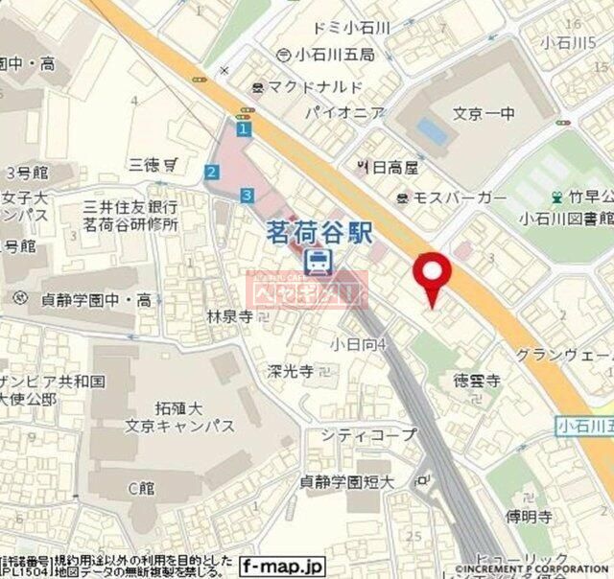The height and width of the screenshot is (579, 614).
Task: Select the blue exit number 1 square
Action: click(x=245, y=128)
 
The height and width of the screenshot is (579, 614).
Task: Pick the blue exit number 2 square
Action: click(x=211, y=173)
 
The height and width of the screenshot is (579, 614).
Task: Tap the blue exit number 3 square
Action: click(x=248, y=195)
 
